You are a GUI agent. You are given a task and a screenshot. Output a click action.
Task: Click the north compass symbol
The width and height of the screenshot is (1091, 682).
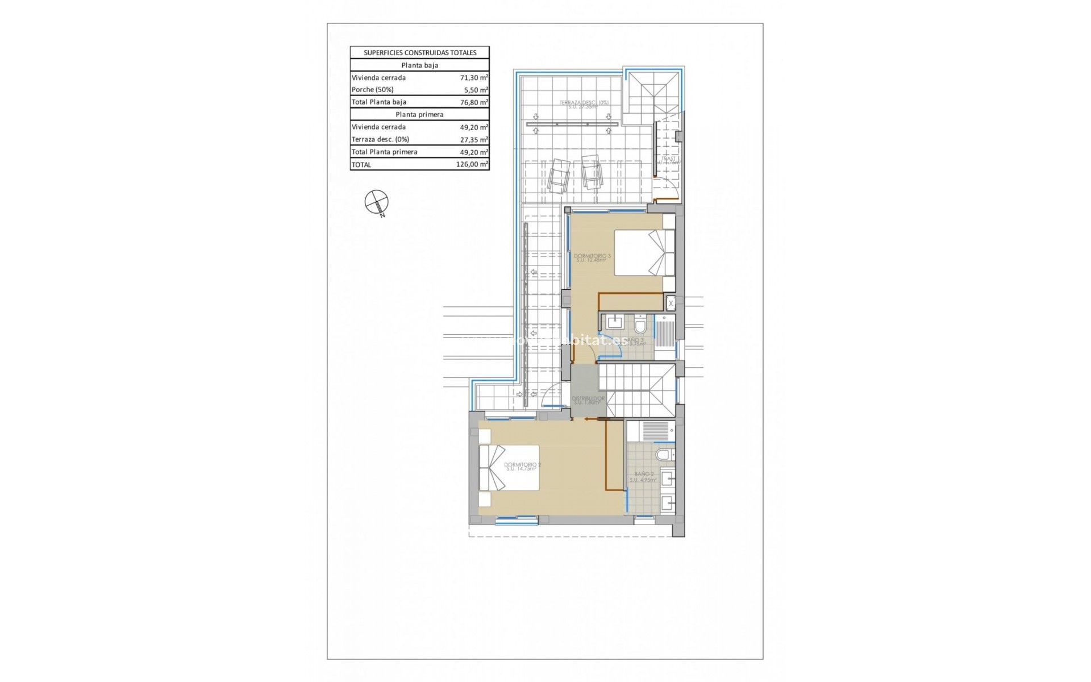(x=376, y=202)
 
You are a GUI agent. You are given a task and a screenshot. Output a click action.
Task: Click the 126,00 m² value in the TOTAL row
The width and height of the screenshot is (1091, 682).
(x=472, y=165)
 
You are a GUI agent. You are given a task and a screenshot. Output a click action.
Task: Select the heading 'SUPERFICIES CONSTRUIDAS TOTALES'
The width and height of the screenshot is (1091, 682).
(x=419, y=52)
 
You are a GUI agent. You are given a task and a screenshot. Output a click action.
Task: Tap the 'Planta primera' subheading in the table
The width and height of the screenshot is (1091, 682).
(x=419, y=114)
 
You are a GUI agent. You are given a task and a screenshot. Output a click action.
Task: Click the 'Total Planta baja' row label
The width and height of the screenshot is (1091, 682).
(x=379, y=102)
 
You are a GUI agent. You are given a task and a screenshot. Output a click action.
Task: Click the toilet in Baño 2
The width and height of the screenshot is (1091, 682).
(x=663, y=455)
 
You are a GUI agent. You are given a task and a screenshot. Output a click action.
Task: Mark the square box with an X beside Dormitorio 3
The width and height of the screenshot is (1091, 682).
(x=671, y=303)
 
